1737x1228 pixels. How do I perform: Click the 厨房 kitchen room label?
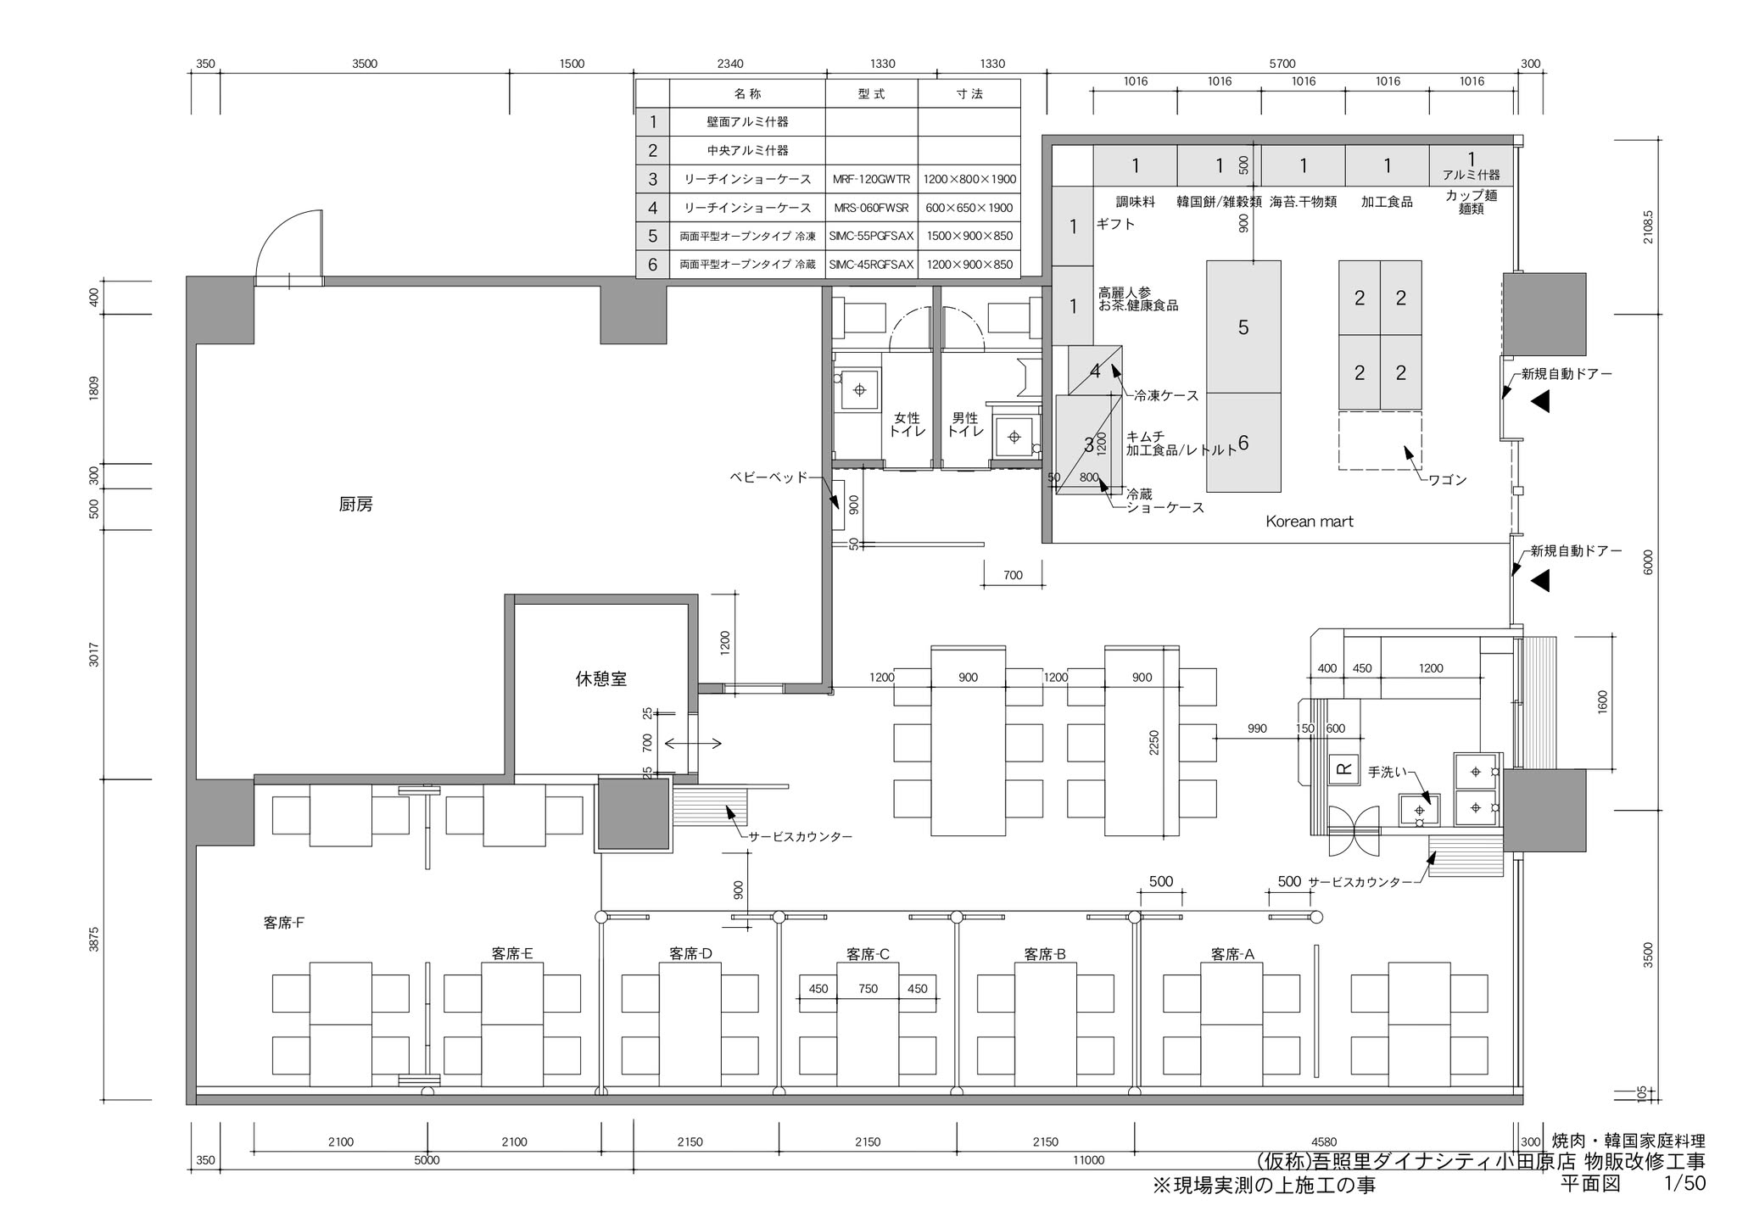click(355, 505)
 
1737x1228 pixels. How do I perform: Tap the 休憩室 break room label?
click(600, 678)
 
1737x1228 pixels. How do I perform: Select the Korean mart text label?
click(1310, 522)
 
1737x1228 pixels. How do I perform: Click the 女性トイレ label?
click(907, 425)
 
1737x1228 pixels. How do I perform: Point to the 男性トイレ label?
click(965, 425)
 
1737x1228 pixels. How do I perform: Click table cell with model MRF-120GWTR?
click(872, 179)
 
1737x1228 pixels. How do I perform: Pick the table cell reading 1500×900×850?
click(969, 236)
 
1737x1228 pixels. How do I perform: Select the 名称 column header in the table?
click(747, 93)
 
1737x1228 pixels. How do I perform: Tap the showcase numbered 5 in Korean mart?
click(1243, 327)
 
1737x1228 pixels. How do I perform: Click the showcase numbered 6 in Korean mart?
click(1243, 443)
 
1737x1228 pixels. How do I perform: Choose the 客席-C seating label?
click(868, 954)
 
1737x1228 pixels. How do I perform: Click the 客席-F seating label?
click(284, 923)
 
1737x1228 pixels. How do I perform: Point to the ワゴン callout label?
click(1448, 480)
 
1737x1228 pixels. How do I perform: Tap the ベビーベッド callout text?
click(769, 477)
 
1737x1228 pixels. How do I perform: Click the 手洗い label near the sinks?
click(1387, 773)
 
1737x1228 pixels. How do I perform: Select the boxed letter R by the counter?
click(1343, 768)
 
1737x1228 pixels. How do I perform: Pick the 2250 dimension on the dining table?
click(1153, 743)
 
